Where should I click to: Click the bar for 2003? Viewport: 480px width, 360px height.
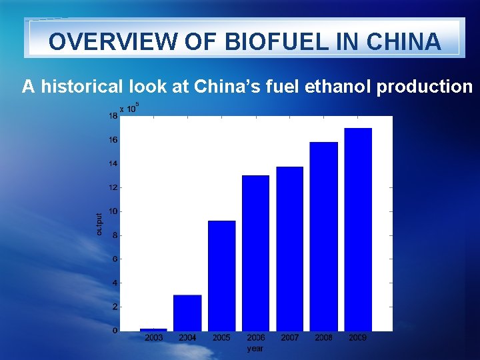153,329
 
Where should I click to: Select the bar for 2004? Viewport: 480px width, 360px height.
187,313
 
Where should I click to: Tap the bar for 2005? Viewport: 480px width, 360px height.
221,275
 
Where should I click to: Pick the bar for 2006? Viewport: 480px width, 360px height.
255,253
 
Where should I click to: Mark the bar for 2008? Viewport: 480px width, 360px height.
324,236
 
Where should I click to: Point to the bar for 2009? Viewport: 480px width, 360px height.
358,229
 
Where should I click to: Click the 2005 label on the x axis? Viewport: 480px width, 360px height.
221,338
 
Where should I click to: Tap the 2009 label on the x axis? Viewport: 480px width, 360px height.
358,338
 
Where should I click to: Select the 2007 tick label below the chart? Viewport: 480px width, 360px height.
289,338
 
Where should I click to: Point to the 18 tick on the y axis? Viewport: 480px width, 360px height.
113,116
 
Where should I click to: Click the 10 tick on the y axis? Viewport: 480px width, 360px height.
113,211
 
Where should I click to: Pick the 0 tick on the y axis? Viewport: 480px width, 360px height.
115,331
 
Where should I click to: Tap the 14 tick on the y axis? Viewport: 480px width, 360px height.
113,163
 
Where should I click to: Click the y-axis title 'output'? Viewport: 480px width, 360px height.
99,223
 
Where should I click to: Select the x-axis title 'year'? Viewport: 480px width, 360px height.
255,348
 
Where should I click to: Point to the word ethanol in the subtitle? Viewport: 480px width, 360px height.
340,87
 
